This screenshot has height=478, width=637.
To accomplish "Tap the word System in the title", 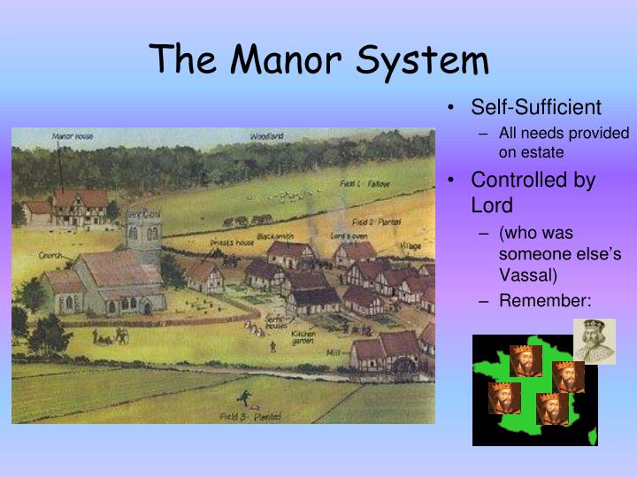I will [422, 59].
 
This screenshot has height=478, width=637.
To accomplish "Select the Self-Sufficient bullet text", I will [535, 107].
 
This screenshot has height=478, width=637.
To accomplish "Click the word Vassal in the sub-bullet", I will [526, 275].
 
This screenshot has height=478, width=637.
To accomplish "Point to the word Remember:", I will [544, 301].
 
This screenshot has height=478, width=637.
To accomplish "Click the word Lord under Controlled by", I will [492, 204].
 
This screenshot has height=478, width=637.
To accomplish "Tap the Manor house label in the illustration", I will [73, 136].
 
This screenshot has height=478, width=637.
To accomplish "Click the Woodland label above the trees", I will [266, 136].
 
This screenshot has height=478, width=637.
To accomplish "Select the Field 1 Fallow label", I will [364, 184].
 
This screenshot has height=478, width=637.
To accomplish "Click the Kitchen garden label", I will [303, 338].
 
